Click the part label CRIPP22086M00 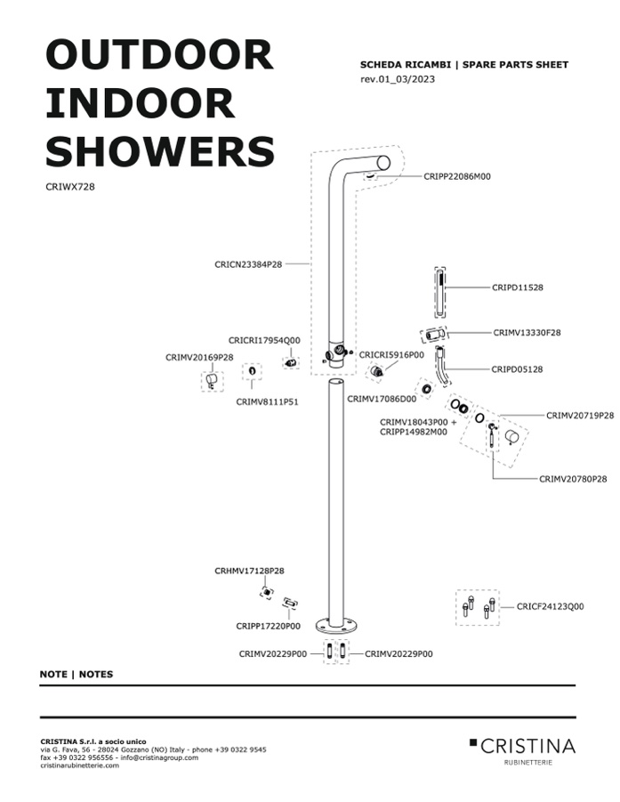[x=457, y=176]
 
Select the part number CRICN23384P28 [x=248, y=264]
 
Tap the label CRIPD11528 [x=518, y=288]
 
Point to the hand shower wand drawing [x=439, y=294]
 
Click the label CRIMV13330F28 [x=527, y=333]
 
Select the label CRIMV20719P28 [x=580, y=416]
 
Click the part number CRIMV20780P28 [x=573, y=479]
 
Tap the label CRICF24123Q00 [x=550, y=606]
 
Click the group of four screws [x=478, y=607]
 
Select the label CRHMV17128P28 [x=249, y=571]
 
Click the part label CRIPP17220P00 [x=269, y=626]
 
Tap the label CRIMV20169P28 [x=199, y=358]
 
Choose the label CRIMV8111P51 [x=268, y=402]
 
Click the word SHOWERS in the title [x=160, y=151]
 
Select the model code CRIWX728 [x=70, y=187]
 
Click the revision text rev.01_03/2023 [x=398, y=78]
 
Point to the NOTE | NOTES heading [x=76, y=674]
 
